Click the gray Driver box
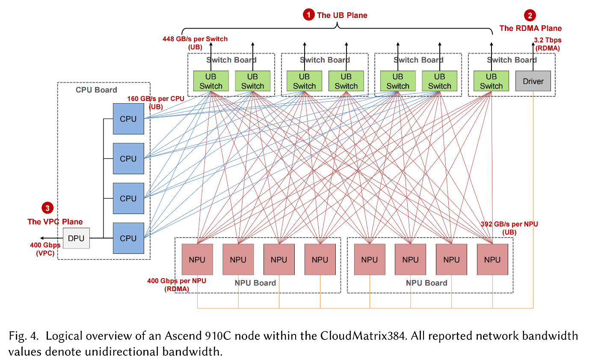533,81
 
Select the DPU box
76,238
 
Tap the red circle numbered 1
308,15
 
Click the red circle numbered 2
530,16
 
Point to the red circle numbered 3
47,208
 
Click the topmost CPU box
128,119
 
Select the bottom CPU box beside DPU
128,238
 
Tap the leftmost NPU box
197,259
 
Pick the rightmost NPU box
492,259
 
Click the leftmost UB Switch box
211,81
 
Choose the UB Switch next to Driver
491,81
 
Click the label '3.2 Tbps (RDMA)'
548,44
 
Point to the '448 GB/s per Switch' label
195,39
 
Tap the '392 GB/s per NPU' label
509,224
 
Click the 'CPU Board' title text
96,90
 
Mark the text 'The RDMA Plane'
530,28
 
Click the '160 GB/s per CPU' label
156,99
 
